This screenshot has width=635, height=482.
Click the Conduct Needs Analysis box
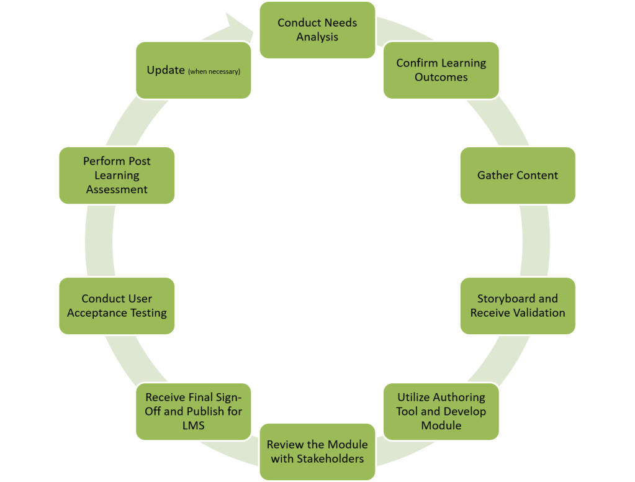[x=317, y=30]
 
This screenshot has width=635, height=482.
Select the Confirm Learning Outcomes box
[x=441, y=70]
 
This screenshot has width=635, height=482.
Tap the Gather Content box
[x=517, y=175]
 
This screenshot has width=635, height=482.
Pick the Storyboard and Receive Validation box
[x=517, y=306]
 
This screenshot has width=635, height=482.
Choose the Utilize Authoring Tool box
[x=441, y=411]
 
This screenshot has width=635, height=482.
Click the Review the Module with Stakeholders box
[x=317, y=452]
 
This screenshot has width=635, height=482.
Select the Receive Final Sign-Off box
[x=194, y=411]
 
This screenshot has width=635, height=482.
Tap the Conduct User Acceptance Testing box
[x=117, y=306]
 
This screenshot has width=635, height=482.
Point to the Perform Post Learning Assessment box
[x=117, y=175]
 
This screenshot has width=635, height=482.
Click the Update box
[x=194, y=70]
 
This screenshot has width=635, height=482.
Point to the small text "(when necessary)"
[x=214, y=71]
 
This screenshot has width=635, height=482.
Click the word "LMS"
[x=194, y=425]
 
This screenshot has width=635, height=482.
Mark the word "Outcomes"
[x=441, y=78]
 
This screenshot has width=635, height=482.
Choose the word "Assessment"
[x=117, y=189]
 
